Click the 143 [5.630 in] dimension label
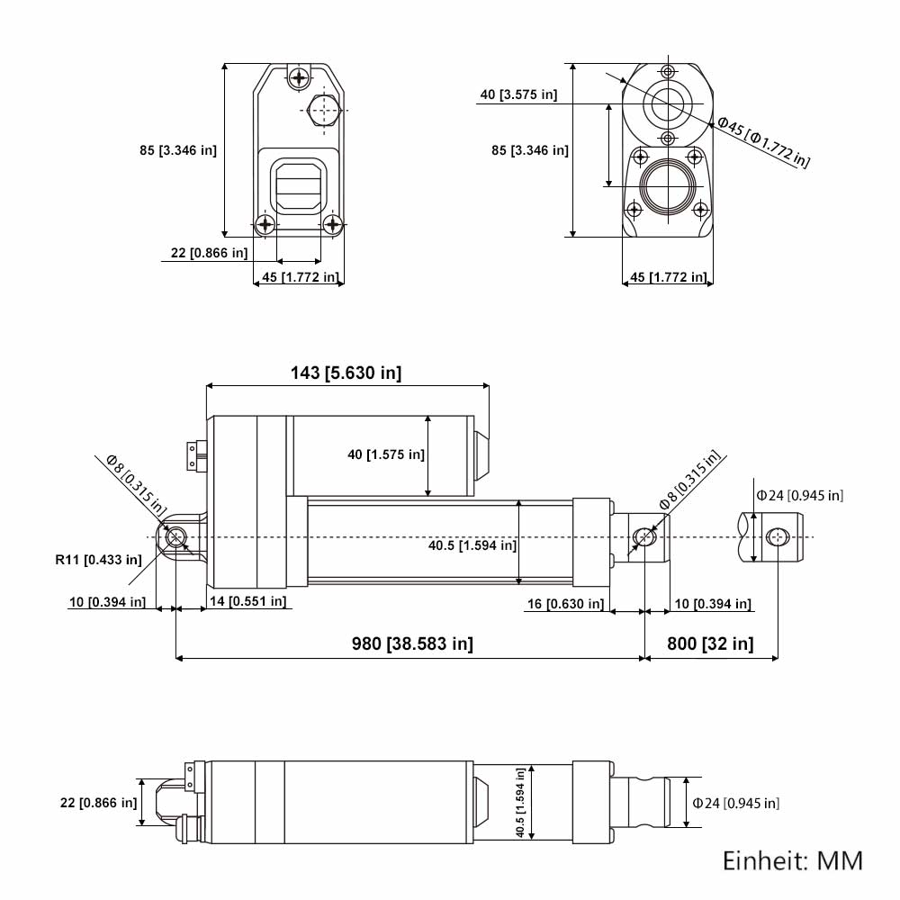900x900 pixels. (346, 373)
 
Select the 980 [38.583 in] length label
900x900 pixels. (412, 643)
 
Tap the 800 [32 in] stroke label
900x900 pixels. (710, 643)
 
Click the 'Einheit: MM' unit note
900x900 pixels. (793, 861)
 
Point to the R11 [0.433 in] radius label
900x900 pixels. (98, 560)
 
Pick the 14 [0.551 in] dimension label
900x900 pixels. (248, 601)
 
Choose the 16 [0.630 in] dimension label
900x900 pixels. (566, 604)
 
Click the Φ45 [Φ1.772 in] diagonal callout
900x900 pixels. (764, 142)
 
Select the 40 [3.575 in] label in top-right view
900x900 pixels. (519, 94)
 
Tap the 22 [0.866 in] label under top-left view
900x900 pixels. (210, 253)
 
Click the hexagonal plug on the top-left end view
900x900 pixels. (324, 110)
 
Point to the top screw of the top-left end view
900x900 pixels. (299, 76)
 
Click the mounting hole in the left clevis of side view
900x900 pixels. (175, 537)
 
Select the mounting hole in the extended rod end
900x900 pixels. (778, 538)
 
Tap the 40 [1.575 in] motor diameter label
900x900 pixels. (386, 454)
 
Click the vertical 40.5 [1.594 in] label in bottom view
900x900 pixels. (520, 803)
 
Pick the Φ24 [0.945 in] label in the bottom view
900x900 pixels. (736, 803)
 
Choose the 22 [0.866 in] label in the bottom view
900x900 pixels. (99, 803)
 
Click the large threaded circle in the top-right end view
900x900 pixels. (668, 186)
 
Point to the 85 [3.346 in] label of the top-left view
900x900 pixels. (178, 150)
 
